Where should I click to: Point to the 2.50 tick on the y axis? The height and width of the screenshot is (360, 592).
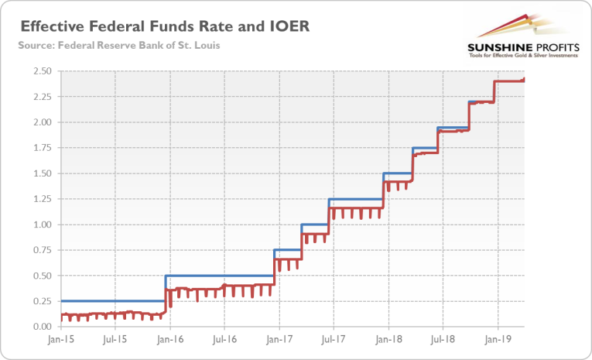40,71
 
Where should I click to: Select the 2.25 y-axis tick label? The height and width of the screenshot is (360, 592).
40,97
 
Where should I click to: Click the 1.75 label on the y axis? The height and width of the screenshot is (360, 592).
40,148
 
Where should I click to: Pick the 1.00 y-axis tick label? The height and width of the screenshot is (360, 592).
40,225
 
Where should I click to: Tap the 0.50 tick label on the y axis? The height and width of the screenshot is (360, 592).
40,276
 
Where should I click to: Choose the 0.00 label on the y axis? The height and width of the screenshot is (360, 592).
40,327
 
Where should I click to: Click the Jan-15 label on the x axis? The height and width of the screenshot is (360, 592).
60,338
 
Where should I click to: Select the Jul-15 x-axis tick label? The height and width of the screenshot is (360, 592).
115,338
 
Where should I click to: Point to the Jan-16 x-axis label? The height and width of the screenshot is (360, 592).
169,338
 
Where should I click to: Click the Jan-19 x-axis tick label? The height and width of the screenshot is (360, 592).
497,338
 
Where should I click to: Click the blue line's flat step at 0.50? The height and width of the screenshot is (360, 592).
221,276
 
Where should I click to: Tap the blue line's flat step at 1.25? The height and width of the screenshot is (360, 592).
356,199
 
